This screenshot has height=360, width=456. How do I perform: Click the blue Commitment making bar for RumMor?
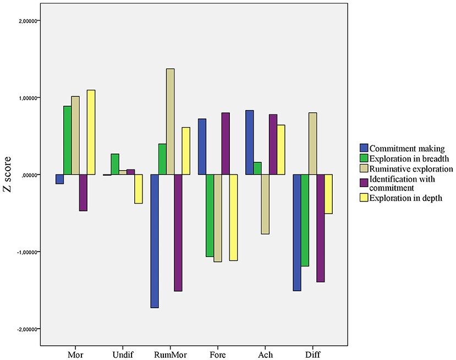(x=155, y=241)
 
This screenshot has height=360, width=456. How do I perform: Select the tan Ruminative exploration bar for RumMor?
(x=171, y=122)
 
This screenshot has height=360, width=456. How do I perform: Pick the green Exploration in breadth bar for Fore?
(x=210, y=215)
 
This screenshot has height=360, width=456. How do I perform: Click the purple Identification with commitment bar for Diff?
(x=305, y=228)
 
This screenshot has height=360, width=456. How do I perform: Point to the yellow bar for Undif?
(x=138, y=189)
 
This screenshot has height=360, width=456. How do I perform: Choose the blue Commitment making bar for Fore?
(x=202, y=146)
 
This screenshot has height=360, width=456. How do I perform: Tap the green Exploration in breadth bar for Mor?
(x=67, y=140)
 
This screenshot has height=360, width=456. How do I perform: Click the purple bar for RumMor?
(x=178, y=232)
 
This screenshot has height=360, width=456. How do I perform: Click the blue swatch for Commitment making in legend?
(x=364, y=148)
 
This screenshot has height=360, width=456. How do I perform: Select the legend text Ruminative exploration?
(x=411, y=168)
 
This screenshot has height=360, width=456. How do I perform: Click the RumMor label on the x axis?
(x=170, y=354)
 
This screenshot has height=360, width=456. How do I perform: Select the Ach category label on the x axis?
(x=265, y=354)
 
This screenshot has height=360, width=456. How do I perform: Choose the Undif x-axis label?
(x=122, y=354)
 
